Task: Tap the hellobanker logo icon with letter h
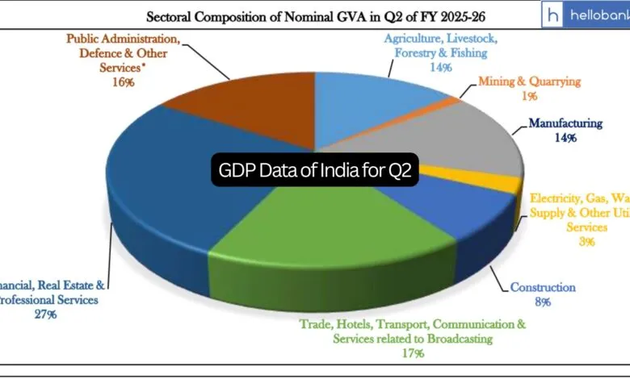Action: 553,15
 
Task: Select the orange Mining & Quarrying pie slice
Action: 451,102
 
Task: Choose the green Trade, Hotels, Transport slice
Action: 323,234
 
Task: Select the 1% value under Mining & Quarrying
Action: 530,97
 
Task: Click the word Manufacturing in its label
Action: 565,123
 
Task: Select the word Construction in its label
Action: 542,287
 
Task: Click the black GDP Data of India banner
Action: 314,170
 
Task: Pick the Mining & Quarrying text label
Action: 529,81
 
